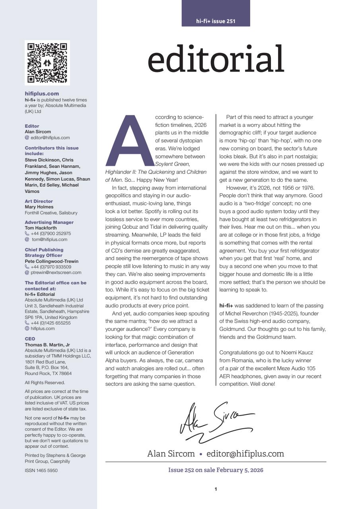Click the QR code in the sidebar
(47, 63)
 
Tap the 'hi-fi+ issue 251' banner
(216, 21)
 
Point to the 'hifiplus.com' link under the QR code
(42, 94)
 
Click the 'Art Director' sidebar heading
(39, 201)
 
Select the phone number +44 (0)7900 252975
(51, 234)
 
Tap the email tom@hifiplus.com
(50, 239)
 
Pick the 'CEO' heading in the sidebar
(30, 339)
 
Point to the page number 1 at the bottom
(216, 489)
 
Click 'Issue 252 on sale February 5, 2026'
(216, 470)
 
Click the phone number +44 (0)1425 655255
(51, 323)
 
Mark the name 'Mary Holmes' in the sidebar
(39, 207)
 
